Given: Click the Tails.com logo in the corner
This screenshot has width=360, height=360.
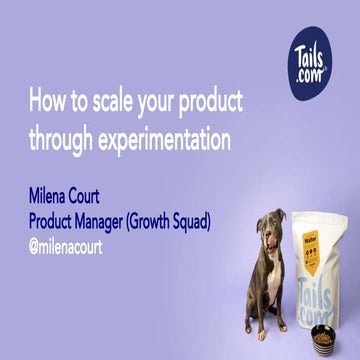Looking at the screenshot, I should pyautogui.click(x=318, y=52).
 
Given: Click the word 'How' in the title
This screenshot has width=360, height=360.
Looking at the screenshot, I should pyautogui.click(x=44, y=103).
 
